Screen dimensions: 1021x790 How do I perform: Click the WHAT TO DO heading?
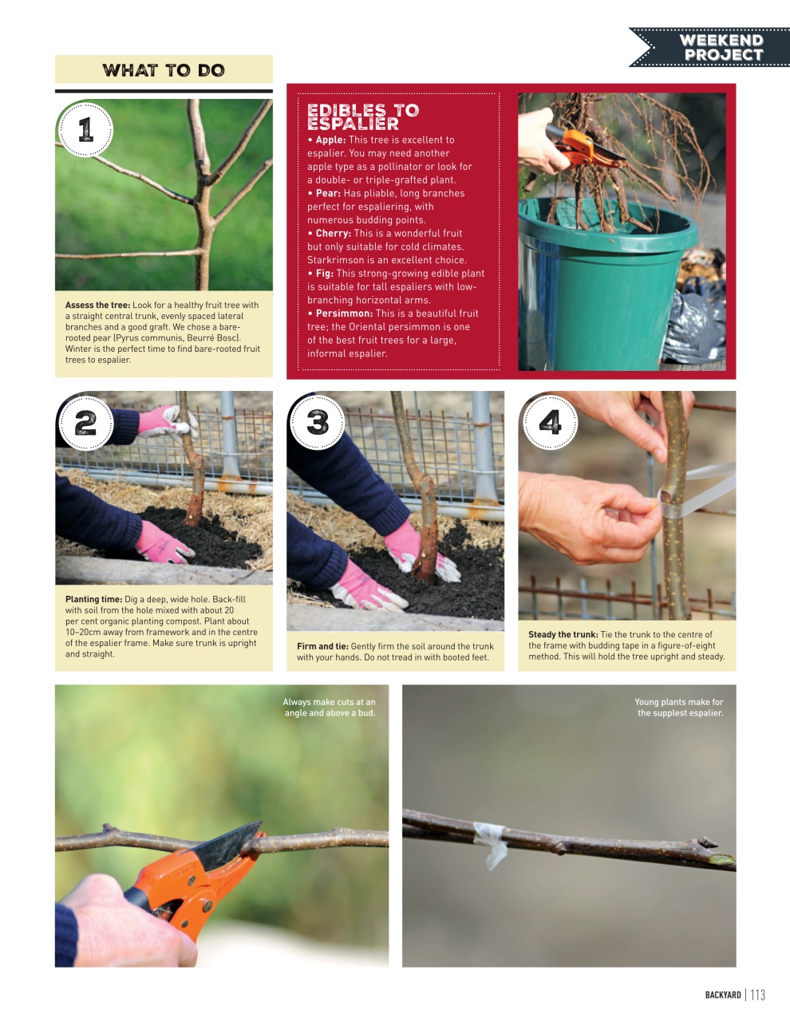[x=164, y=70]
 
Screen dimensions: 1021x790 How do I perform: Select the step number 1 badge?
[x=85, y=129]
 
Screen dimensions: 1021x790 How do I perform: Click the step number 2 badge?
[x=85, y=421]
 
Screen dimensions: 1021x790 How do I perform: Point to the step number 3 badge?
[x=317, y=421]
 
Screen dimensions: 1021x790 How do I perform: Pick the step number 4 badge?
[x=550, y=421]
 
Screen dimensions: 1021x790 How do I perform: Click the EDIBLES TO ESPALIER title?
[x=362, y=117]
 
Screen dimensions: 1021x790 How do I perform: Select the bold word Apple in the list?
[x=330, y=140]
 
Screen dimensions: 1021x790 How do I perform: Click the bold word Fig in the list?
[x=324, y=274]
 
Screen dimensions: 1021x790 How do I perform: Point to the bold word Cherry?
[x=333, y=234]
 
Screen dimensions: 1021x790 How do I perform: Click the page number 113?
[x=757, y=995]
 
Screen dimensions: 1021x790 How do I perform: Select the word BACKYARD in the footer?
[x=722, y=995]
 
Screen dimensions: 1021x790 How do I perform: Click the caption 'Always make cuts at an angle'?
[x=329, y=708]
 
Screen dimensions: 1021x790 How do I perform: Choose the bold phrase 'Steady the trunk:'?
[x=563, y=635]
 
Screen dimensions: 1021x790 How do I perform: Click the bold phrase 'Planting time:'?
[x=93, y=599]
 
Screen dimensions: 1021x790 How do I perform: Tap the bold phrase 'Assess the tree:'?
[x=97, y=305]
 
